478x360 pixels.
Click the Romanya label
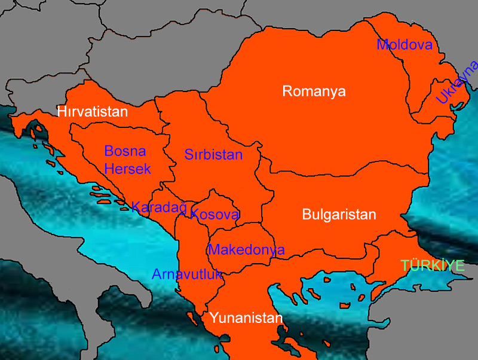(x=314, y=91)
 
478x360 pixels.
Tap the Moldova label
(x=404, y=45)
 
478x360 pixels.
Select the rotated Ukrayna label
(x=457, y=82)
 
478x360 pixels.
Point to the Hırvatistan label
(x=93, y=112)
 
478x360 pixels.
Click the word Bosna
(x=125, y=151)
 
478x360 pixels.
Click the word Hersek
(x=127, y=169)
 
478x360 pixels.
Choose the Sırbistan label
(x=213, y=155)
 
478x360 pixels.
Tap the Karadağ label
(x=159, y=208)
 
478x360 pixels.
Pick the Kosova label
(x=215, y=214)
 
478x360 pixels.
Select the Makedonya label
(x=246, y=249)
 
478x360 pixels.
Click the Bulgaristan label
(x=339, y=215)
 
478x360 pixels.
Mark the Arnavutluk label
(x=187, y=274)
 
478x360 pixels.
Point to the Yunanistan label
(x=245, y=318)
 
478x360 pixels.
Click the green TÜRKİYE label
(x=433, y=266)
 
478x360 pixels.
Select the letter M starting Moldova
(x=382, y=45)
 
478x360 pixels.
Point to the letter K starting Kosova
(x=195, y=214)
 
